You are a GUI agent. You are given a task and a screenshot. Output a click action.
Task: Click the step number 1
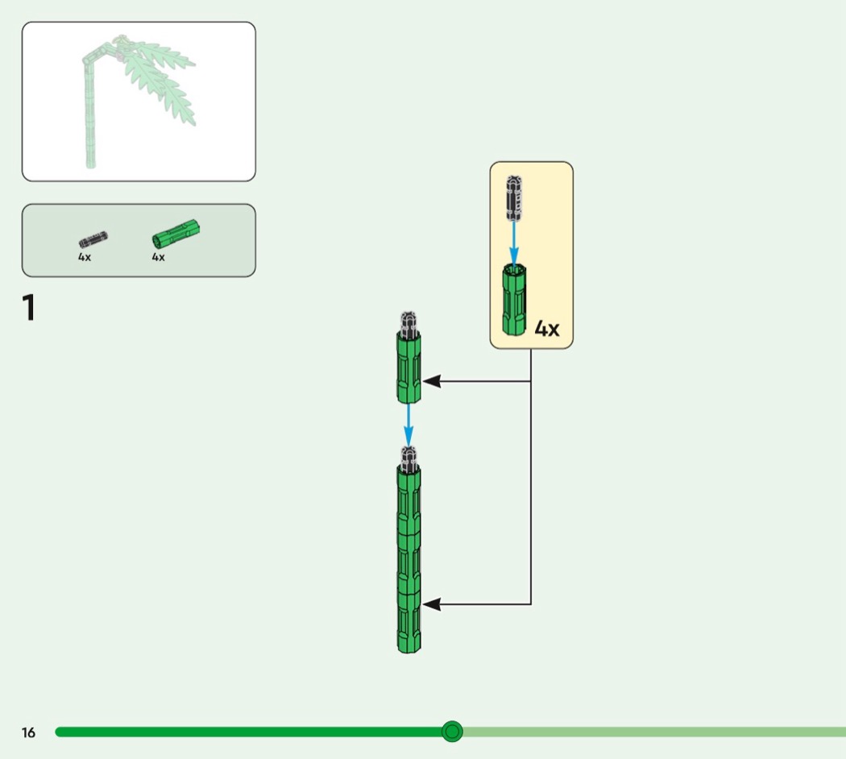(x=28, y=308)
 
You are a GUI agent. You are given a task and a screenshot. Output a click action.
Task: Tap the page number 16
(x=28, y=732)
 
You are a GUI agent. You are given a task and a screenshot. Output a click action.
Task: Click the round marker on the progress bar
(x=452, y=732)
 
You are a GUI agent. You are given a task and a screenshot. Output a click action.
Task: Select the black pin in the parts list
(x=93, y=239)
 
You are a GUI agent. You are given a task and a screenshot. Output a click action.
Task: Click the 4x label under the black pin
(x=85, y=257)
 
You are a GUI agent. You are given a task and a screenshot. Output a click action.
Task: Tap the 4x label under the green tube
(x=158, y=257)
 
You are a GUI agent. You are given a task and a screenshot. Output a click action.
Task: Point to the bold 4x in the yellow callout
(x=547, y=329)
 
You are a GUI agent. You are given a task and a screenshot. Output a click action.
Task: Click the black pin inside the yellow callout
(x=514, y=198)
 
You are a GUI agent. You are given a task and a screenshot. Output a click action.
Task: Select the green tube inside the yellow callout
(x=514, y=300)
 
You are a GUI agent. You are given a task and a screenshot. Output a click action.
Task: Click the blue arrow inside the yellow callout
(x=514, y=243)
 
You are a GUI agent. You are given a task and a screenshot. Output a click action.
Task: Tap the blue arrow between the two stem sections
(x=408, y=425)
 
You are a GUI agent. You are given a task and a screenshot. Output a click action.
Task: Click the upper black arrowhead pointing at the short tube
(x=432, y=381)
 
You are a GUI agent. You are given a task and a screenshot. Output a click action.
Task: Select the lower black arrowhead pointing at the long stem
(x=432, y=605)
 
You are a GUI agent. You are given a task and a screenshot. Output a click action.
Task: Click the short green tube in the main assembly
(x=409, y=367)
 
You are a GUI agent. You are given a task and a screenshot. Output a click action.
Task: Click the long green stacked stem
(x=409, y=559)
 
